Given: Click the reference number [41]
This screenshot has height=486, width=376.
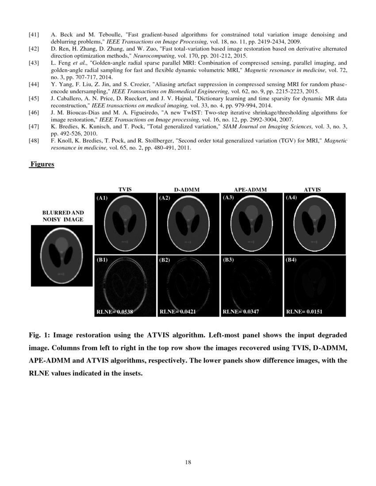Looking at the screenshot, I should click(x=34, y=34).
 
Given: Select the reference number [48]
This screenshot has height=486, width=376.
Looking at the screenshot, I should click(x=34, y=141).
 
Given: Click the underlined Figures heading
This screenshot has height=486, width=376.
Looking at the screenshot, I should click(x=42, y=164).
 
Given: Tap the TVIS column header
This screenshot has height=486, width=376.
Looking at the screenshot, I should click(x=125, y=190).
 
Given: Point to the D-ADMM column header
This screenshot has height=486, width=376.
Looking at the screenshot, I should click(x=187, y=190).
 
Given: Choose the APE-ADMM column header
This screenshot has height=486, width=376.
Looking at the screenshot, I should click(x=250, y=190).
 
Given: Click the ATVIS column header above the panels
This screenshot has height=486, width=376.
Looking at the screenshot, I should click(x=312, y=190).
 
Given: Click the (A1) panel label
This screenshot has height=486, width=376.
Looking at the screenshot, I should click(x=102, y=198).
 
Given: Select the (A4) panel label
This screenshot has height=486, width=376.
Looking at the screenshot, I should click(x=292, y=198).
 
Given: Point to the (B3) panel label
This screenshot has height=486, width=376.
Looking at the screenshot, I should click(x=229, y=260).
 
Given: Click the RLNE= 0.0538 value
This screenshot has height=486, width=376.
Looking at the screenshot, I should click(x=115, y=312).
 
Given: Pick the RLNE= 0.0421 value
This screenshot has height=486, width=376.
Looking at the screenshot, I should click(x=178, y=312).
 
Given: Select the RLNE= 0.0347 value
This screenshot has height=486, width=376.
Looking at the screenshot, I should click(x=241, y=312).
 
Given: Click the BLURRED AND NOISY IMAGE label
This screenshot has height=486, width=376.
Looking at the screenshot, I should click(x=62, y=216).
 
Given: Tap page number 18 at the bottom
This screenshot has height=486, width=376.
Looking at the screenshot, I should click(x=188, y=462).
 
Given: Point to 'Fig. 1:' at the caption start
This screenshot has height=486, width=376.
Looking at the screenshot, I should click(x=39, y=335).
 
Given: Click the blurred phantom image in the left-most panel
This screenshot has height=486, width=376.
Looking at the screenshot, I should click(x=61, y=256).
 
